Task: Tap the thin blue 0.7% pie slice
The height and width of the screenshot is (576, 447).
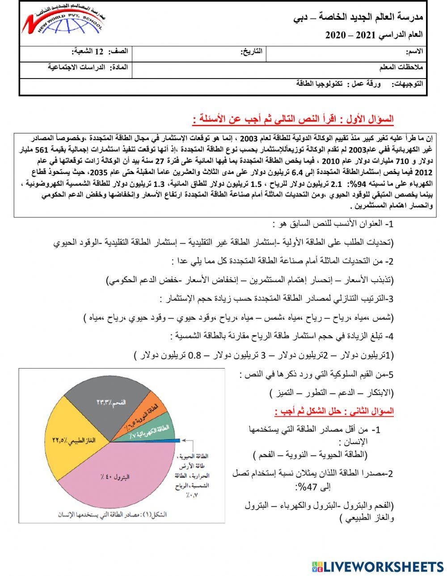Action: point(177,439)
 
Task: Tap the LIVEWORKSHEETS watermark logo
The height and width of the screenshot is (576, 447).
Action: point(378,567)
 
